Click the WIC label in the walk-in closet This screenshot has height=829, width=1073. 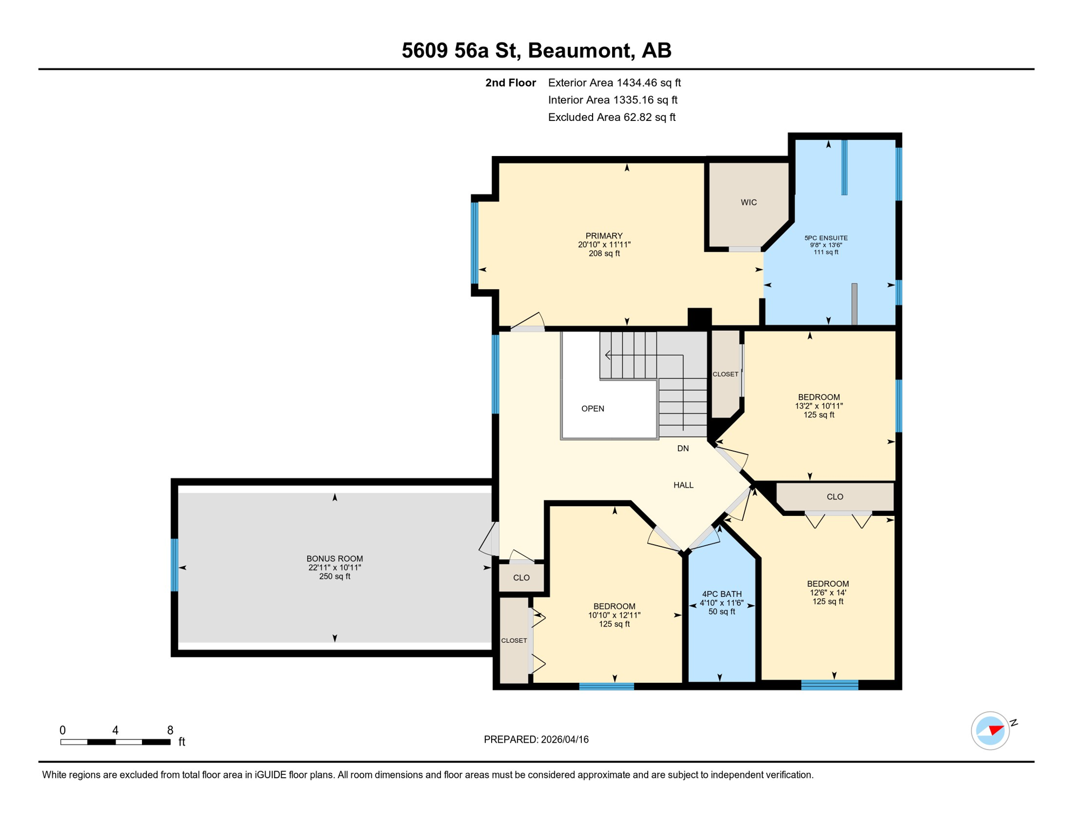point(748,202)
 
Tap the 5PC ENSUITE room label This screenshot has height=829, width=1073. point(826,238)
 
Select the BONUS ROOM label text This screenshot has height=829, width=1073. point(335,559)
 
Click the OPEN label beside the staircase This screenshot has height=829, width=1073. point(593,409)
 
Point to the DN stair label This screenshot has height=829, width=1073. point(683,449)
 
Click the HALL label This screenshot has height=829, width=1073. point(683,485)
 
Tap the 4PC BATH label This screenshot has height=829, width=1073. point(722,594)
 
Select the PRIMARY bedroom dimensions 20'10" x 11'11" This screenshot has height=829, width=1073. point(604,244)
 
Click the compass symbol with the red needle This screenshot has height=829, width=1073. point(990,731)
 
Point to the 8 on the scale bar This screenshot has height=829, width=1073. point(170,730)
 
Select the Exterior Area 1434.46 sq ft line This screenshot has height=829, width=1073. point(614,83)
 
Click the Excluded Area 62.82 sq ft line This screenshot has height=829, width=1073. point(612,117)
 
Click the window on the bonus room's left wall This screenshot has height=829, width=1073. point(174,565)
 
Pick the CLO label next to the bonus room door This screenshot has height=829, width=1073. point(521,577)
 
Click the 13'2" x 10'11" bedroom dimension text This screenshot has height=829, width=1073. point(818,406)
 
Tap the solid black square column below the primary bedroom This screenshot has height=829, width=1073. point(700,317)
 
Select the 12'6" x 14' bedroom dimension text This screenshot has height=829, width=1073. point(827,593)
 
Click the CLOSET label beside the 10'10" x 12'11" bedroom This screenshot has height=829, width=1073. point(514,641)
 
